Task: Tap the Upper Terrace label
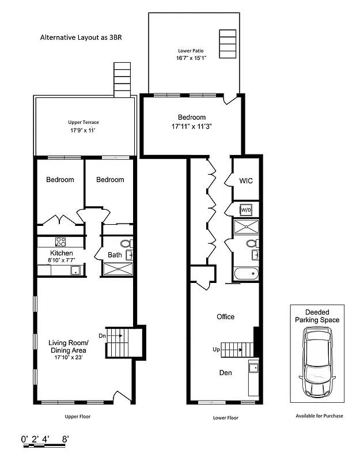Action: pyautogui.click(x=84, y=122)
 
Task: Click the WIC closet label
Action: pyautogui.click(x=246, y=181)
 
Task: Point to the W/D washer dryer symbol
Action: pyautogui.click(x=246, y=209)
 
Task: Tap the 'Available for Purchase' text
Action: pyautogui.click(x=319, y=415)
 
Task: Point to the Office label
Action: pyautogui.click(x=225, y=317)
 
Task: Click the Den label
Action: pyautogui.click(x=225, y=373)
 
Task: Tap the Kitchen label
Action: pyautogui.click(x=61, y=254)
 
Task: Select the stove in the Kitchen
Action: pyautogui.click(x=60, y=241)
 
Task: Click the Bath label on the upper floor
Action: pyautogui.click(x=114, y=255)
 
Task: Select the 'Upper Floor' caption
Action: pyautogui.click(x=77, y=415)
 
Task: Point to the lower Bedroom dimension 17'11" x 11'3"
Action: pyautogui.click(x=192, y=126)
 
